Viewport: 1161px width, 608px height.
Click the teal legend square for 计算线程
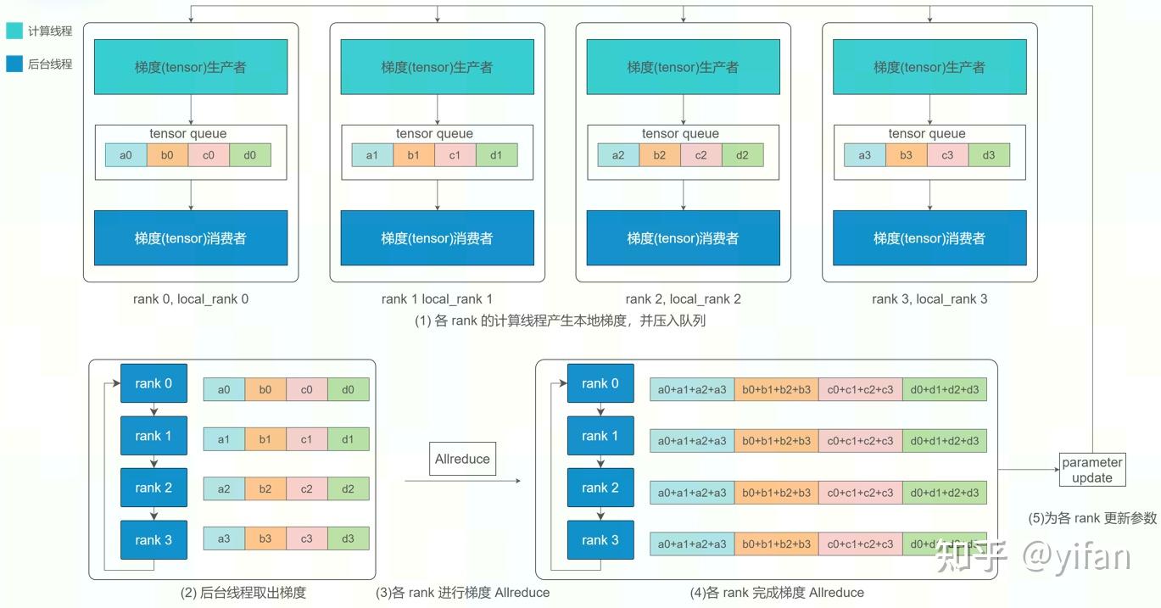click(x=14, y=31)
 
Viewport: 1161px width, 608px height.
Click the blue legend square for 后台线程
click(x=14, y=64)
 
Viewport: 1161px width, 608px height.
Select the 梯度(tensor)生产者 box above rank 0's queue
click(x=191, y=66)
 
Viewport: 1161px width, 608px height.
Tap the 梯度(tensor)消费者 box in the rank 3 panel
click(x=929, y=238)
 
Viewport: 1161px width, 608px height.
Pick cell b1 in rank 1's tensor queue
click(x=413, y=155)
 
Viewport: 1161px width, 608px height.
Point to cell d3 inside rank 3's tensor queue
click(x=989, y=155)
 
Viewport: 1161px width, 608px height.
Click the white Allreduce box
click(x=462, y=459)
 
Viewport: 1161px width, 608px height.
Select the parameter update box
click(x=1092, y=470)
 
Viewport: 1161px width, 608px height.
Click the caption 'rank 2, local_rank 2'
click(x=683, y=298)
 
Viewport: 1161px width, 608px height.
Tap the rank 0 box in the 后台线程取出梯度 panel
click(x=153, y=384)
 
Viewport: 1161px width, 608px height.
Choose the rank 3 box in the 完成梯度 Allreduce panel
click(x=600, y=540)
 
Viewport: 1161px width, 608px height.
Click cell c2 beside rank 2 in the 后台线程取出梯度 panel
click(x=307, y=488)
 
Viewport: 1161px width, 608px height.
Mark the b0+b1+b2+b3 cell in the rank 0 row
click(x=776, y=389)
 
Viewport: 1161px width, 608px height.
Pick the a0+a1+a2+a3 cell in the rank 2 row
click(x=692, y=493)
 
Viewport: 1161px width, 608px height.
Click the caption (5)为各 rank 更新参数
click(x=1091, y=518)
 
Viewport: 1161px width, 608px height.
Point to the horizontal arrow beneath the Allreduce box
click(x=462, y=482)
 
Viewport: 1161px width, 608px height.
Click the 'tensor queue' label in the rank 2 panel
click(x=680, y=133)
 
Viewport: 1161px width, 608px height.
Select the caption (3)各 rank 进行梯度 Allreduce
click(x=462, y=593)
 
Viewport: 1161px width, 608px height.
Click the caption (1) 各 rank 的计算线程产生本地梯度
click(x=560, y=321)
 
